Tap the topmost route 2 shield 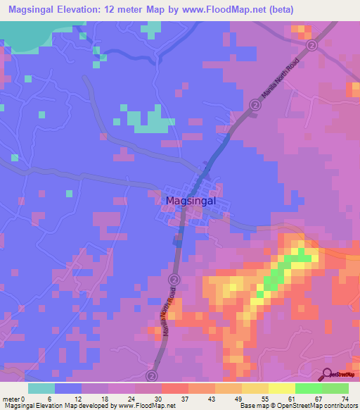tap(311, 44)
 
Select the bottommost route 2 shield tap(150, 376)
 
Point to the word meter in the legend tap(11, 399)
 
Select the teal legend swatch tap(41, 388)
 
